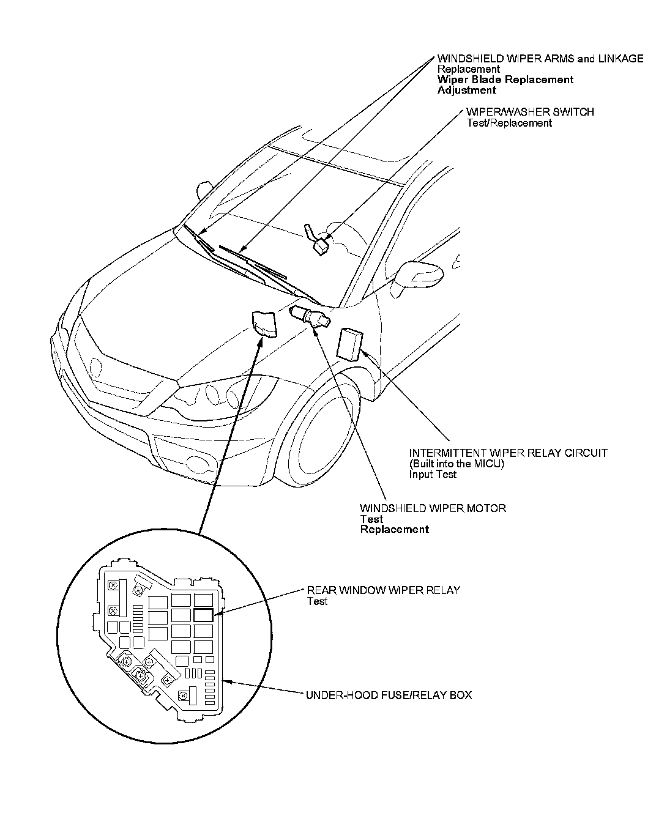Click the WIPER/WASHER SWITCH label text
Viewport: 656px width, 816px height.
click(529, 112)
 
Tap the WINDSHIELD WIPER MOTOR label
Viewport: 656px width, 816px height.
click(433, 508)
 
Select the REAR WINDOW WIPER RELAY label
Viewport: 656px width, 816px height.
click(383, 590)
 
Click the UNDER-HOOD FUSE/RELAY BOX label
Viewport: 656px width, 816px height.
click(389, 695)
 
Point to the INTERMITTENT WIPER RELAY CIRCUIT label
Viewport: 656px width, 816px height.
click(508, 453)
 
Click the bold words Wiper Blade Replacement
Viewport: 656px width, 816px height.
click(505, 80)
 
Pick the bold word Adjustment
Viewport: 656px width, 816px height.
click(466, 91)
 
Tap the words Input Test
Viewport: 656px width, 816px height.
click(433, 474)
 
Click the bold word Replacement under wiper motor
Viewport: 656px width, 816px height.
click(394, 530)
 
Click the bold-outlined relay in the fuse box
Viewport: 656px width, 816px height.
click(203, 615)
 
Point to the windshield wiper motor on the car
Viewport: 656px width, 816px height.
click(310, 316)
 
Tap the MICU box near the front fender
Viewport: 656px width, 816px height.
click(349, 344)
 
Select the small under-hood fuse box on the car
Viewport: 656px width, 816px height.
click(264, 323)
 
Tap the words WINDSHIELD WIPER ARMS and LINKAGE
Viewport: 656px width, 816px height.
click(540, 59)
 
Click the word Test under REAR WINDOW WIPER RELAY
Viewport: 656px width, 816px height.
click(317, 601)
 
